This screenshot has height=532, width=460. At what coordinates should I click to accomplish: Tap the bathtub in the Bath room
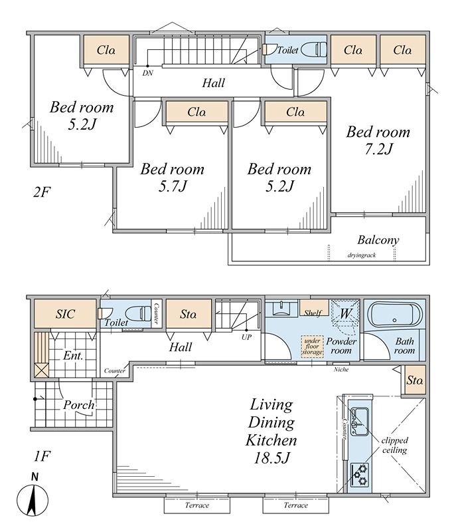point(395,315)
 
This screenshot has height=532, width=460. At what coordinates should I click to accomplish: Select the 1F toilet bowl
point(138,313)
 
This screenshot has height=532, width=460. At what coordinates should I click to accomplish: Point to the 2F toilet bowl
point(313,49)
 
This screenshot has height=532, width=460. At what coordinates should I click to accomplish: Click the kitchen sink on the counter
point(359,421)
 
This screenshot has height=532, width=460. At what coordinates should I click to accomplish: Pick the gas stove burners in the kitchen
point(359,475)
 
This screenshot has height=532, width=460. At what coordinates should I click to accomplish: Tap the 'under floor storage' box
point(312,346)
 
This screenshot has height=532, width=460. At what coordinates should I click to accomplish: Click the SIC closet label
point(65,314)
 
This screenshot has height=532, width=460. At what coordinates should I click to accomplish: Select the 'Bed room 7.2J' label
point(378,140)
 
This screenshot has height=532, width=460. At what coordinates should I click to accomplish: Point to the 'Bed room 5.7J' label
point(173,177)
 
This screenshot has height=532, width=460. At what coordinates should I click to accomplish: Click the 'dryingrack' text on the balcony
point(361,255)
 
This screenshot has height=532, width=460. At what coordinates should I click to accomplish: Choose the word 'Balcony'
point(378,240)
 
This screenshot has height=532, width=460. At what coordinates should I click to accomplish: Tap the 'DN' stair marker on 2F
point(147,72)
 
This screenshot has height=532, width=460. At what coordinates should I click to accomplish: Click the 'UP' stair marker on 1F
point(247,337)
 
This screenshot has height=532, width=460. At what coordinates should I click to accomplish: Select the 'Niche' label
point(341,369)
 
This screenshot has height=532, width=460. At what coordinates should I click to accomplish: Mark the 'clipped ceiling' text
point(395,445)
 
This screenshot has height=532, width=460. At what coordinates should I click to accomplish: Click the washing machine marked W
point(345,313)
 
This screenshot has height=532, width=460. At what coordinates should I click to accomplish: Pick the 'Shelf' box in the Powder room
point(314,308)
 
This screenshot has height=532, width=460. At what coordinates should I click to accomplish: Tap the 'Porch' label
point(78,405)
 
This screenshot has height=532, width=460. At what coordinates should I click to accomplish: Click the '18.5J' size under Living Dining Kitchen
point(271,458)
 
